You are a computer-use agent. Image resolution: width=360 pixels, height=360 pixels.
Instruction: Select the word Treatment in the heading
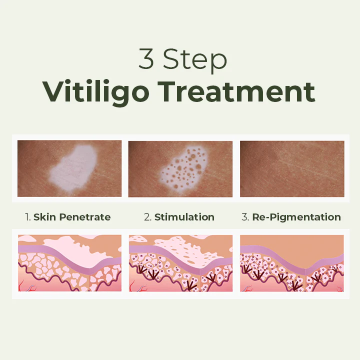point(244,91)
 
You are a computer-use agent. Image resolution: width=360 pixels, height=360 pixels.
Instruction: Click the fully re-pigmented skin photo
point(292,168)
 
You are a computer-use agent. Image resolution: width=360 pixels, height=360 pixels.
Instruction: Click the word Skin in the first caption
point(44,217)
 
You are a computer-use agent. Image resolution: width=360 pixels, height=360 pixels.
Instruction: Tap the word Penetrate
point(84,217)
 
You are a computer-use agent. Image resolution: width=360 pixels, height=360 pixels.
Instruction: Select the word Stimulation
point(184,217)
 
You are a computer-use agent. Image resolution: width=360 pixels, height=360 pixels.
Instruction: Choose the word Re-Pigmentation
point(296,217)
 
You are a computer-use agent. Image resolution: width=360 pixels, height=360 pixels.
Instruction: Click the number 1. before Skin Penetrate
point(28,217)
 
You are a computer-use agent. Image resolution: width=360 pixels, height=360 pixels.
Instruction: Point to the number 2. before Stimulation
point(147,217)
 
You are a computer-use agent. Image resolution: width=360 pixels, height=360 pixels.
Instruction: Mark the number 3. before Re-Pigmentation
point(245,217)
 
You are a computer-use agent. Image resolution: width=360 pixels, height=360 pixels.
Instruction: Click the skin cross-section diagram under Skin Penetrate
point(69,263)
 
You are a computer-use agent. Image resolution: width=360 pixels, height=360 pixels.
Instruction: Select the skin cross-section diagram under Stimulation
point(180,263)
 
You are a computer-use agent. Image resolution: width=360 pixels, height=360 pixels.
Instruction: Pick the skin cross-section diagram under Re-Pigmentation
point(292,263)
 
